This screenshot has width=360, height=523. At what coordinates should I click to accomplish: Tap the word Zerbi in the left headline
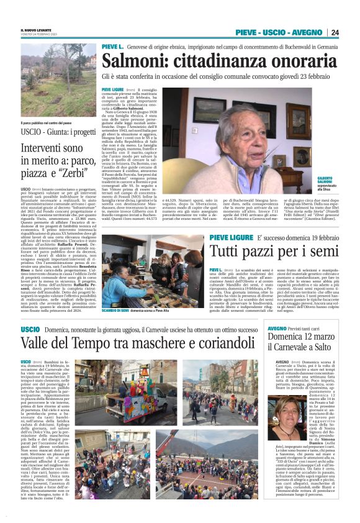click(x=79, y=172)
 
